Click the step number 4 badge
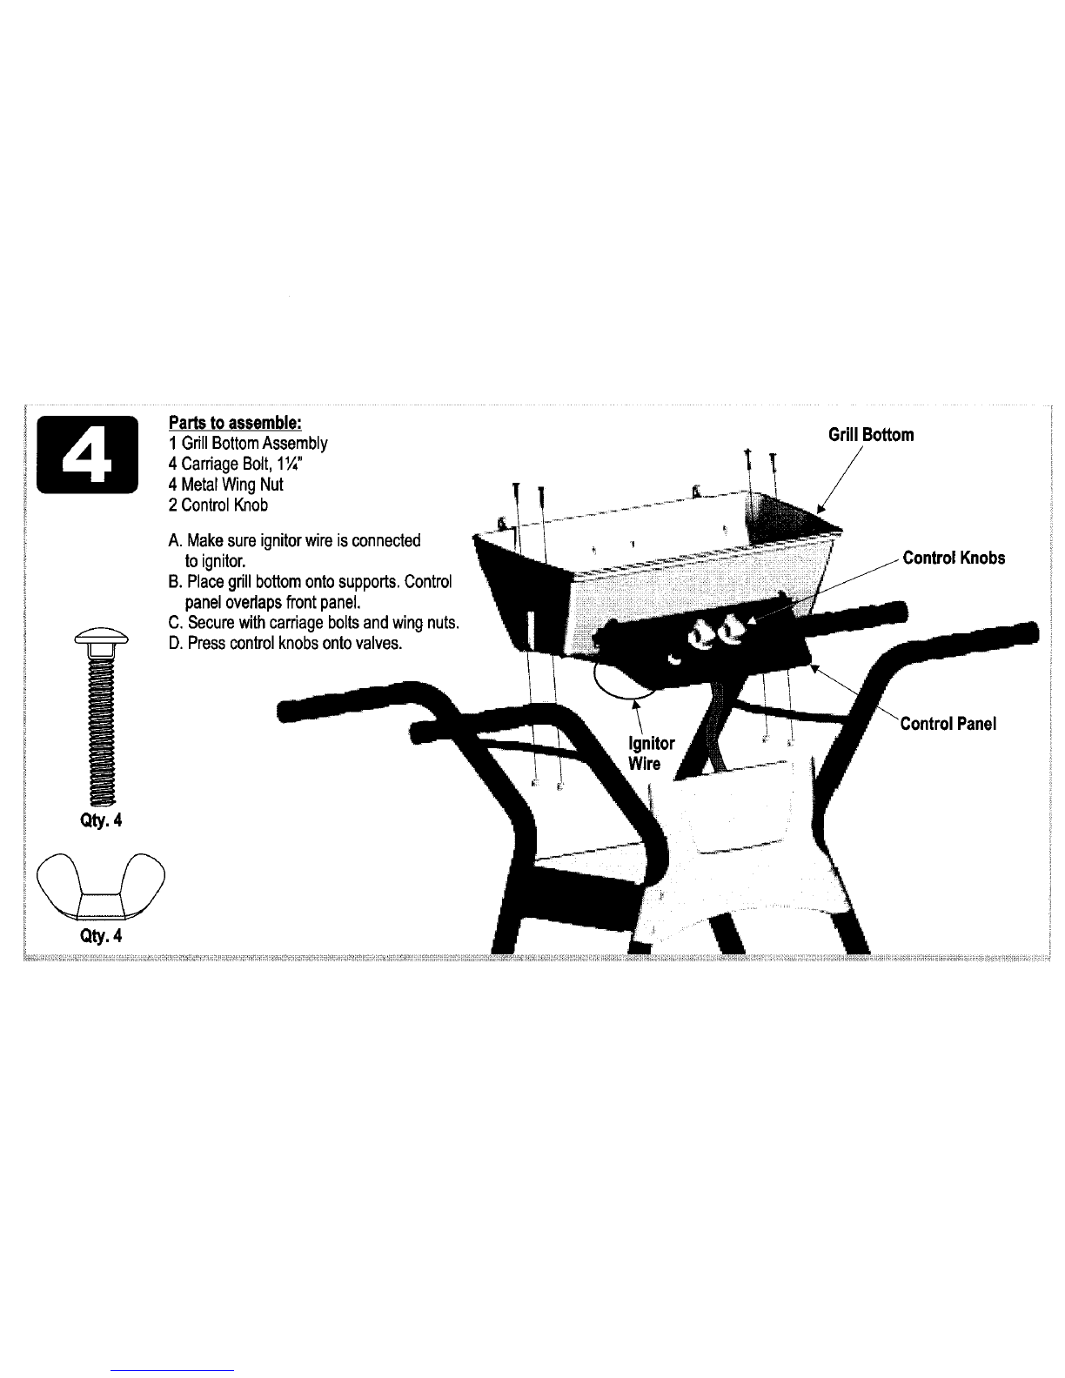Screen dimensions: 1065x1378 (88, 455)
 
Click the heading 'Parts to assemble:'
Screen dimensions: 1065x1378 (235, 423)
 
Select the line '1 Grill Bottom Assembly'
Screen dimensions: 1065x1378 (248, 444)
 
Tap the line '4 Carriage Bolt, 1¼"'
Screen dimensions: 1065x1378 (235, 465)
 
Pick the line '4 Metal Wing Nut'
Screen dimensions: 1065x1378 (226, 485)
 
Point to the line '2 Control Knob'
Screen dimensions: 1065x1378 (218, 505)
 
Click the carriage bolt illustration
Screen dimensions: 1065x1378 (102, 717)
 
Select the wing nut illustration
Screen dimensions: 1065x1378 (101, 886)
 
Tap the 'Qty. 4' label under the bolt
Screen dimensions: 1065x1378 (101, 820)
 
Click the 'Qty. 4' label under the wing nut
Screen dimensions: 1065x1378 (101, 936)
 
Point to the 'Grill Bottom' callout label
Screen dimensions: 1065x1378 (871, 435)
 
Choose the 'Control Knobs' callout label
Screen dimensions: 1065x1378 (954, 558)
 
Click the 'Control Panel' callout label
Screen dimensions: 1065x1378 (948, 724)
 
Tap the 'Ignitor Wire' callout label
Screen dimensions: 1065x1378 (651, 753)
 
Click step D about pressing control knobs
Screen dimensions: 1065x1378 (285, 644)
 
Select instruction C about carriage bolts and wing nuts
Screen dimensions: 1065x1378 (314, 623)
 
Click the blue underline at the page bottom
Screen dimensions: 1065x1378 (172, 1371)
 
